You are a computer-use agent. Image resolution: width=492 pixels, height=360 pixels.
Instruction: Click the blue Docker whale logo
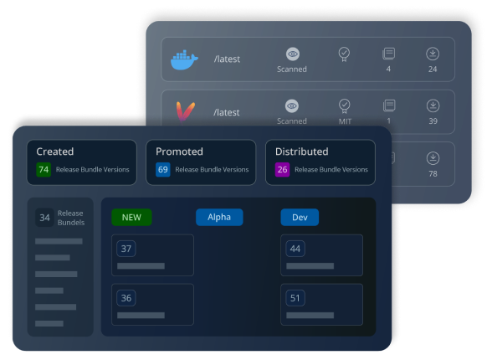point(184,59)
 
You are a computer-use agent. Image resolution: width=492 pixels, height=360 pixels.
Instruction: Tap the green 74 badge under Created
point(44,169)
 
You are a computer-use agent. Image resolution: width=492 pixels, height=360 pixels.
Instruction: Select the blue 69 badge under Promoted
point(163,169)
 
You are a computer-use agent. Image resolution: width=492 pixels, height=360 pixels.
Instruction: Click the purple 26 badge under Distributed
point(283,169)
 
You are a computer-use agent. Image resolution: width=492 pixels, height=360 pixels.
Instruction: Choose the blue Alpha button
point(219,217)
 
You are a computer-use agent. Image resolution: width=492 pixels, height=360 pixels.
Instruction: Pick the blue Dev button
point(300,217)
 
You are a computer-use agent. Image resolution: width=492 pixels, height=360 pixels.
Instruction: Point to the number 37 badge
point(126,249)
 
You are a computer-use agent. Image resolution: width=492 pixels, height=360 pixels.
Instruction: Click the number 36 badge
point(126,298)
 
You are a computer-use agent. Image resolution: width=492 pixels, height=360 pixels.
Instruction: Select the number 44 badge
point(295,249)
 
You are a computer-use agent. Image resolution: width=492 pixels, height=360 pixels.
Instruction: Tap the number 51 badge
point(295,298)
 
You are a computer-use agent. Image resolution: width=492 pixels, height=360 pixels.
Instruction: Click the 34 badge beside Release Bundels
point(44,218)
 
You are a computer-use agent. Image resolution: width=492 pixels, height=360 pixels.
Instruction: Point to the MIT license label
point(345,121)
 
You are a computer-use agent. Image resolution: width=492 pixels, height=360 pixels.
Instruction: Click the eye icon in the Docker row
point(293,54)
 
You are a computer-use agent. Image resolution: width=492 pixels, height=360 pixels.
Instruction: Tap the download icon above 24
point(433,54)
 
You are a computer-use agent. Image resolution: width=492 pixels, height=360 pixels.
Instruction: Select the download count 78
point(433,173)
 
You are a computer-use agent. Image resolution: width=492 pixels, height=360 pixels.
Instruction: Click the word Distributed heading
point(301,152)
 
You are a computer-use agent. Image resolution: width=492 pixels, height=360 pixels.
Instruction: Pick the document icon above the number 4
point(389,54)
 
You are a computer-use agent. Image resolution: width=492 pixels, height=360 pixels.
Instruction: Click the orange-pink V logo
point(186,111)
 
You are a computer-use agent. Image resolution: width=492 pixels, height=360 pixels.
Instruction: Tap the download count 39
point(433,121)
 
